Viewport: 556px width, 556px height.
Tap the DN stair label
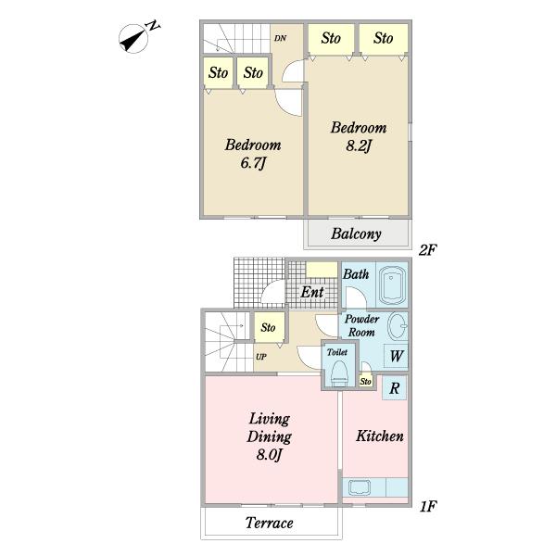tap(280, 38)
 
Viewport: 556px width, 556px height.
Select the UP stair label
tap(261, 357)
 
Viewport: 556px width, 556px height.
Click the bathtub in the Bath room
tap(392, 285)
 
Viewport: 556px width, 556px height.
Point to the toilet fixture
tap(340, 373)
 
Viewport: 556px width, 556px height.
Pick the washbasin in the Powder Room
tap(398, 326)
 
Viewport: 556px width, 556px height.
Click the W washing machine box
tap(396, 356)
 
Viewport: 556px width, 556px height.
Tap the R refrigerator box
tap(395, 388)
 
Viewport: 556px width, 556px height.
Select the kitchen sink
tap(360, 488)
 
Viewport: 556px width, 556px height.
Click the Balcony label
tap(356, 234)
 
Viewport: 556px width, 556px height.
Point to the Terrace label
tap(269, 523)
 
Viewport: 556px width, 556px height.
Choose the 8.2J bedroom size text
tap(358, 145)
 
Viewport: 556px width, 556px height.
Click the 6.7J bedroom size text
tap(253, 163)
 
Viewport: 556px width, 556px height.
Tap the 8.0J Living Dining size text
tap(269, 454)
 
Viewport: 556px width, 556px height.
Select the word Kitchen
tap(380, 436)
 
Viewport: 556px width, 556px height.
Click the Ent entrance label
tap(312, 293)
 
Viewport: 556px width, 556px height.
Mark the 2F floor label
tap(427, 250)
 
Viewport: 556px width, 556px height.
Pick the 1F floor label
tap(428, 506)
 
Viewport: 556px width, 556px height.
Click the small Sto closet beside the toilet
tap(366, 381)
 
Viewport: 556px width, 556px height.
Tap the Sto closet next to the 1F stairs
tap(269, 327)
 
